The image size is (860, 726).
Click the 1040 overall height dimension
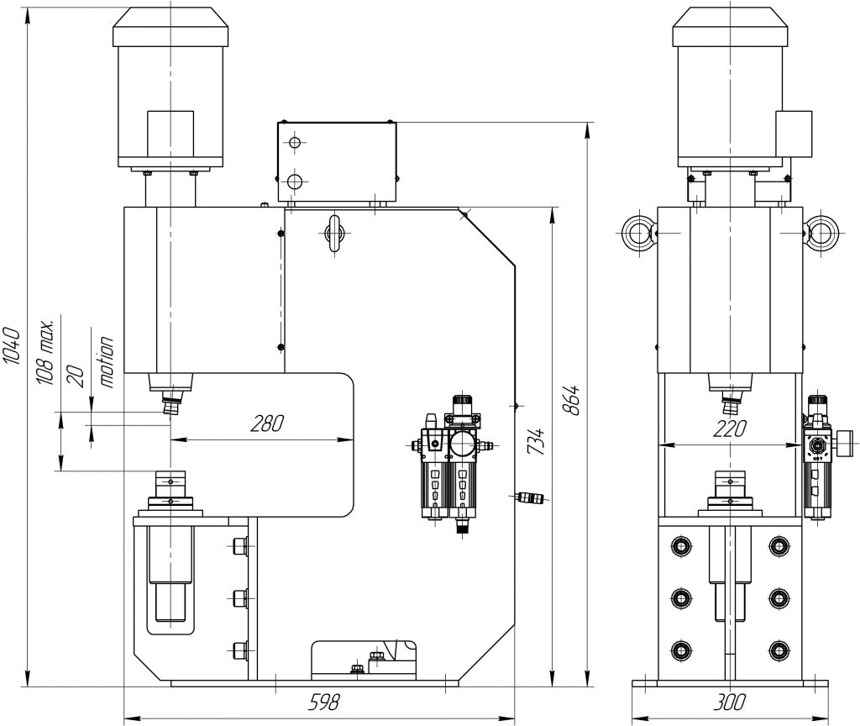pos(11,345)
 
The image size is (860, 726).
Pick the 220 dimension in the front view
pos(728,429)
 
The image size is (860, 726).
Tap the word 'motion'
pos(107,361)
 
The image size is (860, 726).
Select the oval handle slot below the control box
pos(334,232)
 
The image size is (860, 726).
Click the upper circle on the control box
pos(293,143)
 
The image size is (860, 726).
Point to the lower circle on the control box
pos(293,181)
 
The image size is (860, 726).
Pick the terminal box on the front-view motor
pos(794,134)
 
